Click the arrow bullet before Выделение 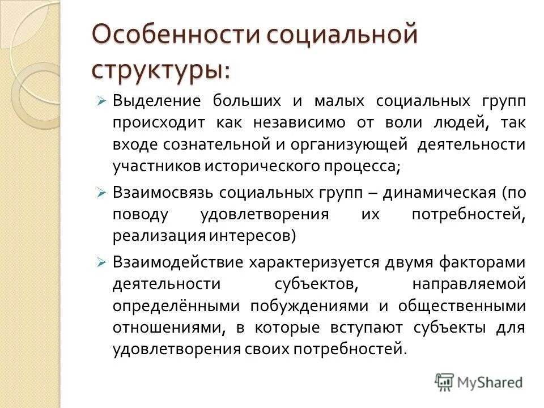(101, 101)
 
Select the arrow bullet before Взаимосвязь (101, 193)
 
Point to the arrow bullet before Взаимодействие (101, 262)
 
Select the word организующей (348, 144)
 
